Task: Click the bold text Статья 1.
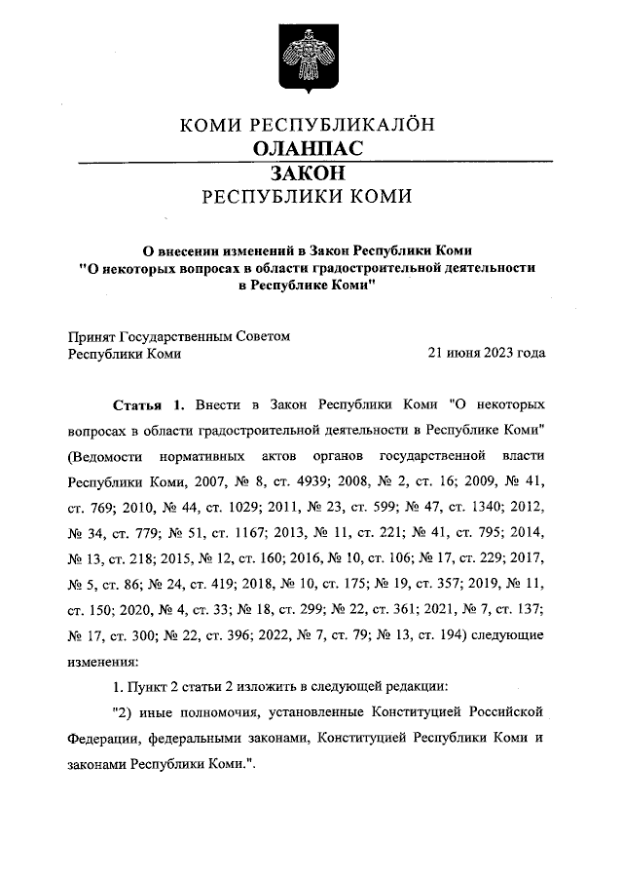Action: [148, 403]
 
